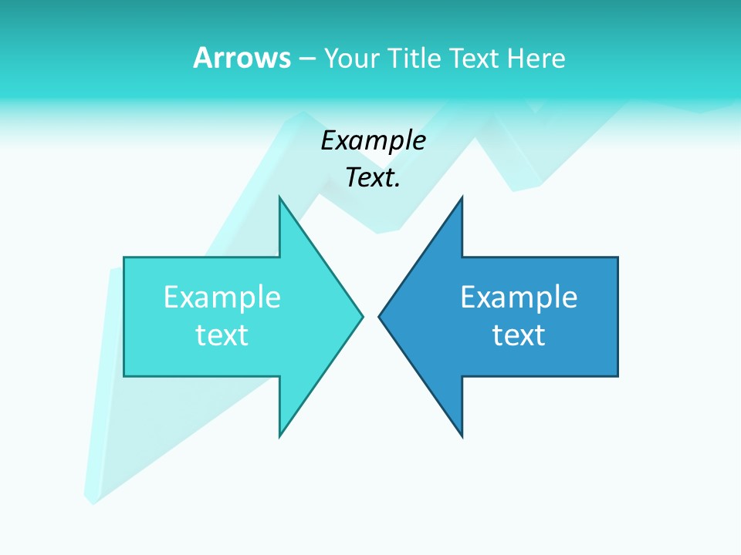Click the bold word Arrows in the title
(x=242, y=58)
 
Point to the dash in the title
(x=306, y=59)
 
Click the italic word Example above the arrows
(x=373, y=141)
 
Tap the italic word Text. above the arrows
(x=373, y=178)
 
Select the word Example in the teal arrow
(x=222, y=298)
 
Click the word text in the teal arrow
(x=222, y=335)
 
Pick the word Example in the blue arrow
(x=519, y=298)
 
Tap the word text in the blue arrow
(x=519, y=335)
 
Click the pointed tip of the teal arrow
(x=362, y=315)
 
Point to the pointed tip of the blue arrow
(x=379, y=316)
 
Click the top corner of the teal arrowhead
(x=280, y=197)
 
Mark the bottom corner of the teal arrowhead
(x=280, y=437)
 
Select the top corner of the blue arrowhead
(x=462, y=198)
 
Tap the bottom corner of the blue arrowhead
(x=462, y=437)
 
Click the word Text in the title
(x=472, y=58)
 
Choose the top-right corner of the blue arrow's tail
(x=617, y=257)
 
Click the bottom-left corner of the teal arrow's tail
(x=124, y=376)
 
